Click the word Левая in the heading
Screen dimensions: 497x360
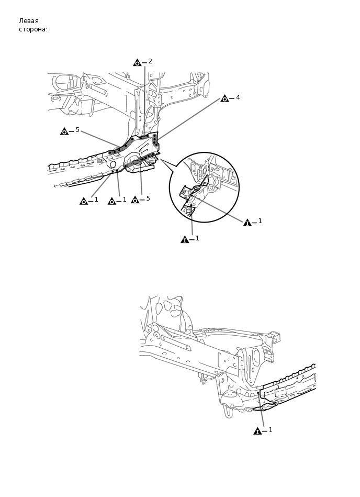click(x=29, y=21)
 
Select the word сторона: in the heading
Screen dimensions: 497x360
click(x=33, y=29)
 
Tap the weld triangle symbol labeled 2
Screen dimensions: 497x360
click(x=137, y=63)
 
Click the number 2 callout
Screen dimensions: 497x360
click(x=150, y=61)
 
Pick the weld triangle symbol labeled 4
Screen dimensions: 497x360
click(x=224, y=98)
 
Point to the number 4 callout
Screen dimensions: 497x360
click(x=238, y=97)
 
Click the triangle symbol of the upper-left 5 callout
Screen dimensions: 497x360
click(x=64, y=131)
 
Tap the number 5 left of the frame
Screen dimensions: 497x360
click(x=77, y=130)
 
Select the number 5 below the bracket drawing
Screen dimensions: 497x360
click(x=148, y=198)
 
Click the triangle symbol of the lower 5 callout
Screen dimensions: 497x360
click(x=135, y=200)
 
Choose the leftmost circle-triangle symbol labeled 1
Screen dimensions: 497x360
click(x=84, y=201)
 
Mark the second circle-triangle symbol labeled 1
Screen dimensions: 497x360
click(x=111, y=201)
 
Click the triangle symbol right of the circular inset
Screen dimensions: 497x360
click(x=248, y=223)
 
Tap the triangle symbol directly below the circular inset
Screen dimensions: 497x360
click(x=185, y=239)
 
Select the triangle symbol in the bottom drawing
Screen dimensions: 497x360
click(x=257, y=431)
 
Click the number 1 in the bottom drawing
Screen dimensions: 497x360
click(x=271, y=430)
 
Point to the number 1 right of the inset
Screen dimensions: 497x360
click(x=260, y=221)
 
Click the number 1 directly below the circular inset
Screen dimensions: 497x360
click(x=197, y=238)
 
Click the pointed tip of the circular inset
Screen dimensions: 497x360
click(x=161, y=160)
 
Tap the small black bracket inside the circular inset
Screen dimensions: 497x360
click(x=186, y=192)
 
